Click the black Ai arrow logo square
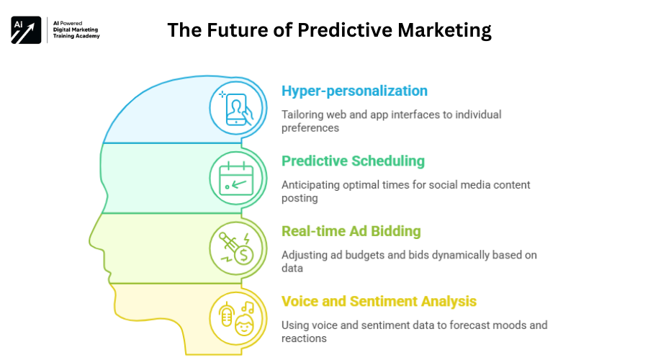(x=26, y=30)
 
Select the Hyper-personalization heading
(x=354, y=91)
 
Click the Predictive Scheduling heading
(x=353, y=161)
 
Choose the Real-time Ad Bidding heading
(x=351, y=231)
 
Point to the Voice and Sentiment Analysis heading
(x=379, y=301)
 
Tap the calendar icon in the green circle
(x=236, y=179)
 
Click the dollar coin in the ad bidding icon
(x=244, y=255)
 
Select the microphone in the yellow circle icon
(x=227, y=314)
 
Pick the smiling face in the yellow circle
(x=244, y=325)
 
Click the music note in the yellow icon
(x=248, y=307)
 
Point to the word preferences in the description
(x=310, y=128)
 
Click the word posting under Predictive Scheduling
(x=300, y=199)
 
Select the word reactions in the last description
(x=304, y=338)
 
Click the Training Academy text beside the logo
(x=76, y=37)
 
